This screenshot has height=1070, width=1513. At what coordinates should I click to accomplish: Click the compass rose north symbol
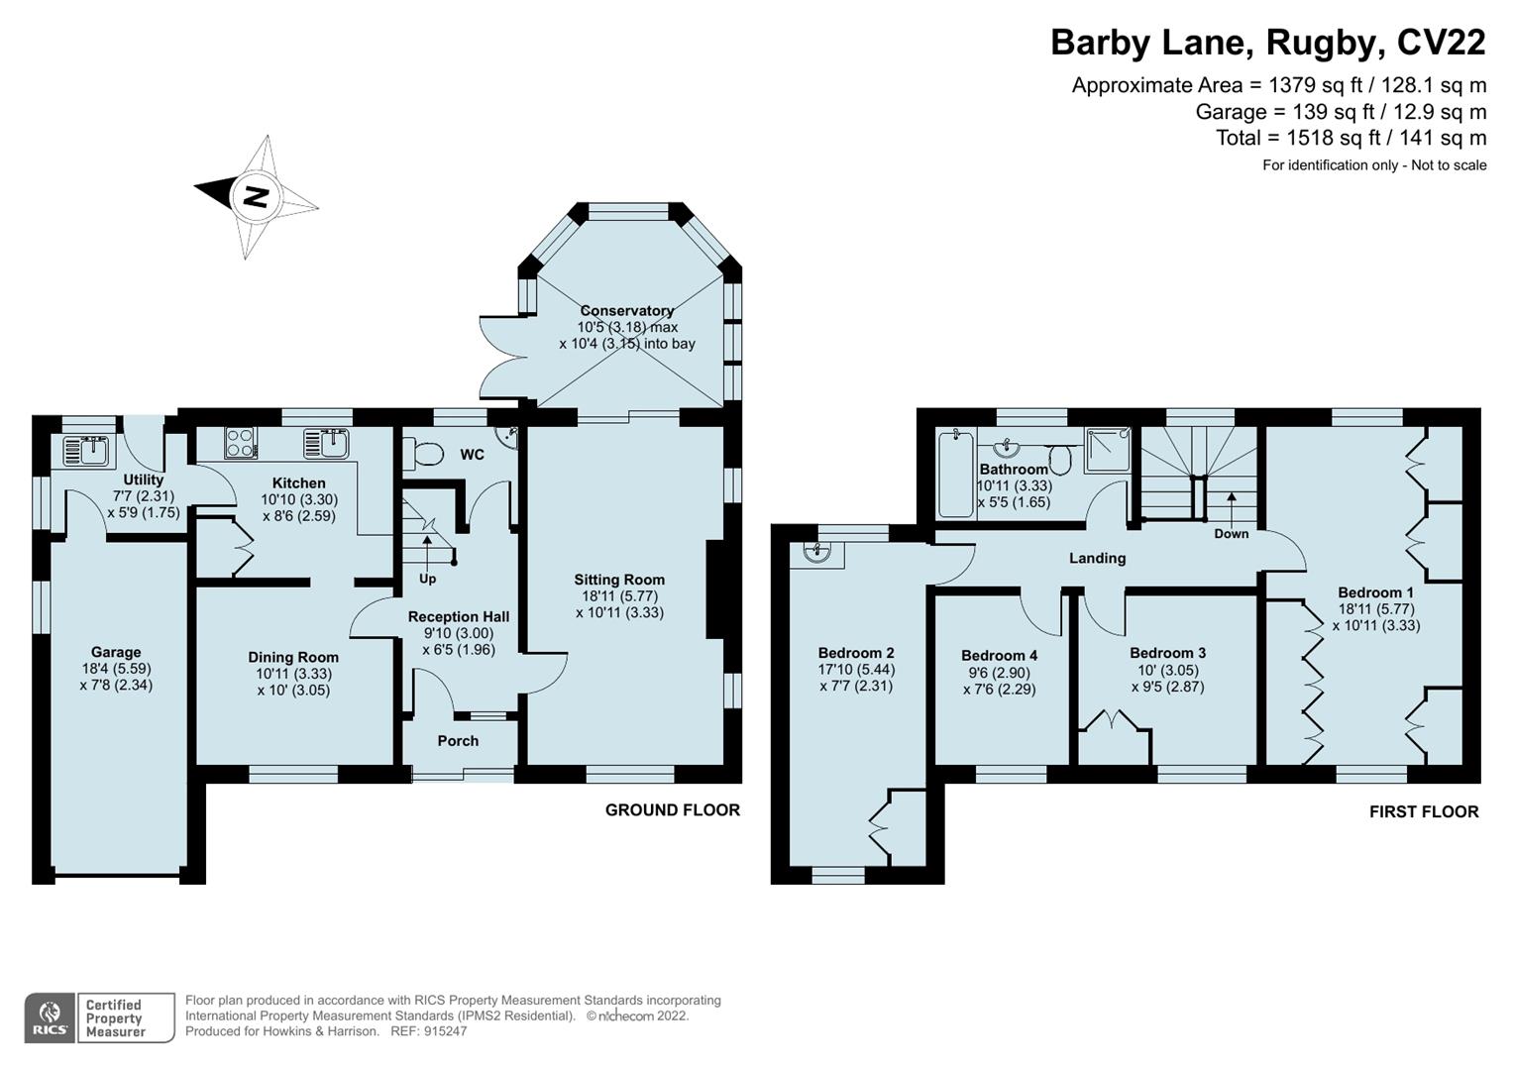(x=256, y=196)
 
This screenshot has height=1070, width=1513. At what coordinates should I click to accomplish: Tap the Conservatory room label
(x=626, y=310)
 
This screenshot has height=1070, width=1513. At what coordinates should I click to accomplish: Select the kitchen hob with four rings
(x=241, y=442)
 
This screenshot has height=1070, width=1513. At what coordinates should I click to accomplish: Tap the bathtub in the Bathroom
(x=956, y=473)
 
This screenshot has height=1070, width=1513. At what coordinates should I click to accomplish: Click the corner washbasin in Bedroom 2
(x=818, y=553)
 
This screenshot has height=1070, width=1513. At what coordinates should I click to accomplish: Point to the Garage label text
(x=116, y=652)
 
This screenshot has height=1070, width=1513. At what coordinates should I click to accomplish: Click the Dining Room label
(x=293, y=657)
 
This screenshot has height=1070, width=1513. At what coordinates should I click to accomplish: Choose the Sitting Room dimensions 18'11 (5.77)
(x=619, y=596)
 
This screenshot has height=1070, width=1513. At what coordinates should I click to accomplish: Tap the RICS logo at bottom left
(x=49, y=1017)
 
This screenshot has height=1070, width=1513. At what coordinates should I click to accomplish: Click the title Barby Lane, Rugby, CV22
(x=1267, y=43)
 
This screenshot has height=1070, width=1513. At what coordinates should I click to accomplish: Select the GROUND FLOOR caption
(x=672, y=809)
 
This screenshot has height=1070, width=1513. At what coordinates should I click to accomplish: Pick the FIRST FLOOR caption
(x=1423, y=811)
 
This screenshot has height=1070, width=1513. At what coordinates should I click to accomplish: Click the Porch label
(x=458, y=741)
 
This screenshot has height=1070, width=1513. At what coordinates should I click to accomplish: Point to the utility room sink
(x=89, y=450)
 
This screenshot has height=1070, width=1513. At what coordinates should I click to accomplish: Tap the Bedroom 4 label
(x=999, y=655)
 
